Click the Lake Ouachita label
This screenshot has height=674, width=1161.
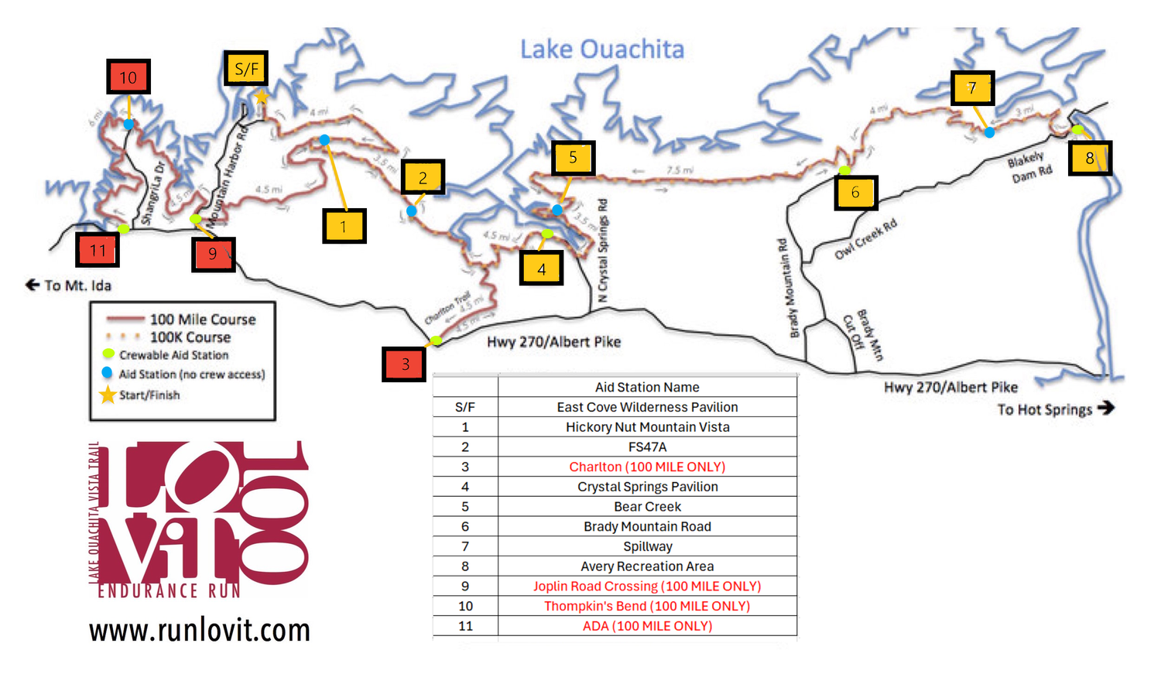pyautogui.click(x=601, y=50)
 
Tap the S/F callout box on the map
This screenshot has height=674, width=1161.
pyautogui.click(x=246, y=69)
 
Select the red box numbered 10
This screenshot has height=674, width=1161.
pyautogui.click(x=128, y=77)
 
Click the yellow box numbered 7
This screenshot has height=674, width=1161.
pyautogui.click(x=972, y=87)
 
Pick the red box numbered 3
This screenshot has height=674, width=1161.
pyautogui.click(x=404, y=364)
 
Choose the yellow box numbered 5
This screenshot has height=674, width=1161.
pyautogui.click(x=573, y=158)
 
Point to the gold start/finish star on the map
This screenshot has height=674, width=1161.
pyautogui.click(x=262, y=97)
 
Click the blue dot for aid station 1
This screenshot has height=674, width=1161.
pyautogui.click(x=324, y=140)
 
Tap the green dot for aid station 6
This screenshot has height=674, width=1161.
pyautogui.click(x=844, y=170)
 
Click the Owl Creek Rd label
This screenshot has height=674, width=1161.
pyautogui.click(x=865, y=239)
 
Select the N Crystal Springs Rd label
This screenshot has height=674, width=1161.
pyautogui.click(x=603, y=250)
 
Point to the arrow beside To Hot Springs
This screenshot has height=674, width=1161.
pyautogui.click(x=1106, y=408)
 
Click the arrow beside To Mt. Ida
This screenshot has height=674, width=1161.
pyautogui.click(x=33, y=285)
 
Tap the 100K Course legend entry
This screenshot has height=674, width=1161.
pyautogui.click(x=190, y=337)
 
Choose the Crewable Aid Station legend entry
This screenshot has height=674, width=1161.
pyautogui.click(x=173, y=355)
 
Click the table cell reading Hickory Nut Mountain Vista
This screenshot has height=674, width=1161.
pyautogui.click(x=647, y=427)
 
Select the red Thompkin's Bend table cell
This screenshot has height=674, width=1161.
pyautogui.click(x=647, y=606)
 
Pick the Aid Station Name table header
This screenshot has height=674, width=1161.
pyautogui.click(x=647, y=387)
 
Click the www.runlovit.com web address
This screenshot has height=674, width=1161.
pyautogui.click(x=199, y=630)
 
